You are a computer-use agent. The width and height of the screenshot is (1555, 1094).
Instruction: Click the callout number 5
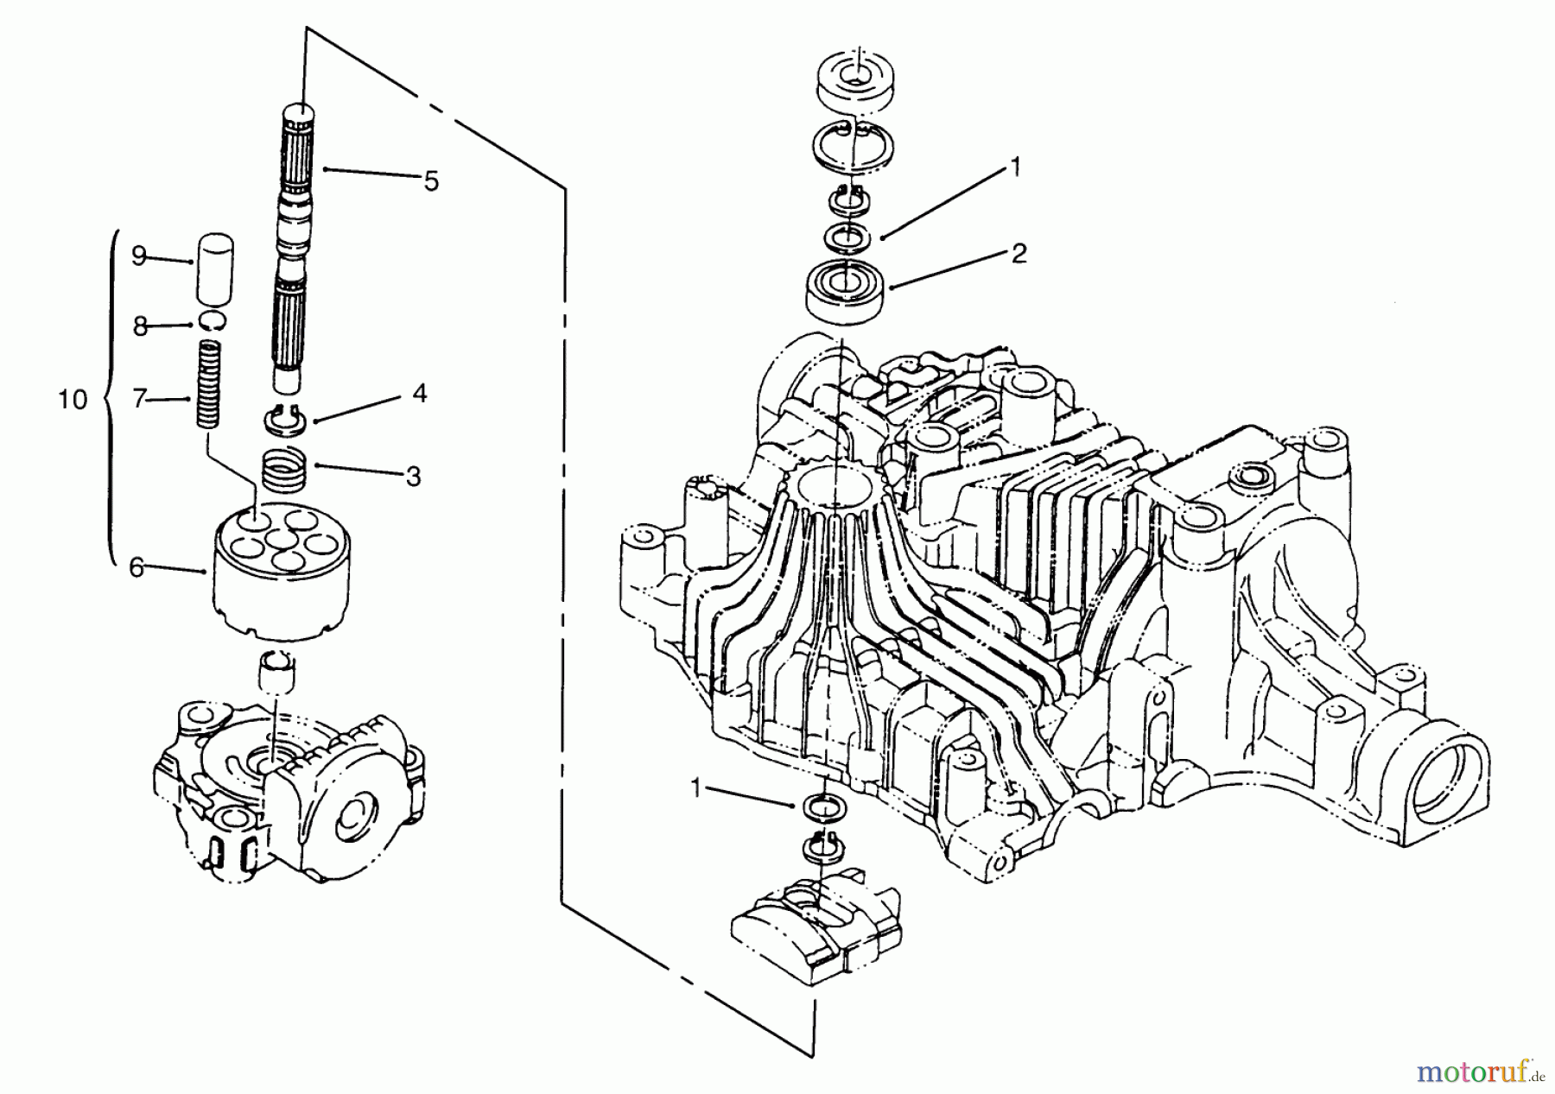[430, 181]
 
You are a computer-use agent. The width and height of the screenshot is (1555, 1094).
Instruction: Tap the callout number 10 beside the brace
[73, 400]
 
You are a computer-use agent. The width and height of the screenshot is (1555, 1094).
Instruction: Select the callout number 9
[139, 256]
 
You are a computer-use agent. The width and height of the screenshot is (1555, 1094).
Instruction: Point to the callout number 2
[1019, 254]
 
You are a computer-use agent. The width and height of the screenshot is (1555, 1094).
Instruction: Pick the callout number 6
[136, 568]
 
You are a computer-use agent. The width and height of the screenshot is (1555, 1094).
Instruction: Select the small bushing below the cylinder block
[279, 667]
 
